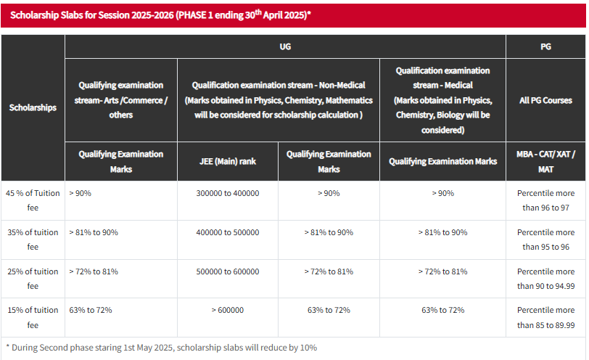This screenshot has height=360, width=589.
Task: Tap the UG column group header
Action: click(285, 46)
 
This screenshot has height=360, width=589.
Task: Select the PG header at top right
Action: click(545, 46)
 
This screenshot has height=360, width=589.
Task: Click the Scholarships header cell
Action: click(33, 107)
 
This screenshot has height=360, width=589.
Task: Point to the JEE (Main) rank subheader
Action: click(227, 161)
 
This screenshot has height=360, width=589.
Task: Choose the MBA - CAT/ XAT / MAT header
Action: click(545, 161)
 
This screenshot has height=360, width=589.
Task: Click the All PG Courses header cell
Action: click(545, 100)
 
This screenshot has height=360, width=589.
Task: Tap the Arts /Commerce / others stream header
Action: click(120, 100)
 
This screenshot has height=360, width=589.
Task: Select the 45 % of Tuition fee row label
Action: click(32, 200)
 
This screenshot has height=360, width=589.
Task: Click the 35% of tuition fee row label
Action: click(32, 240)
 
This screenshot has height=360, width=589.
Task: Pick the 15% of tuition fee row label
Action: click(32, 318)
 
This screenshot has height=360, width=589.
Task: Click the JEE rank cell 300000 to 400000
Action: click(227, 193)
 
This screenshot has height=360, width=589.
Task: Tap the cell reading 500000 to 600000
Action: click(227, 271)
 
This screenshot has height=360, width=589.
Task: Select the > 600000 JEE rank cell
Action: click(227, 311)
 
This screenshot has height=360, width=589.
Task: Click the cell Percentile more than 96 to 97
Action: click(545, 200)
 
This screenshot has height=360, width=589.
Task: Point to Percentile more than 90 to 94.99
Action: click(545, 279)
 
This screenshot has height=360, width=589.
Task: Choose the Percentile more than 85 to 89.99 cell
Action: click(545, 318)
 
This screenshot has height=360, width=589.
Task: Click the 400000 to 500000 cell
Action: click(227, 232)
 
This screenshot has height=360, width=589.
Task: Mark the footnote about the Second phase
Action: click(161, 348)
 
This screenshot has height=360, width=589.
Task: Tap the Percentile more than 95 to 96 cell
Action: click(545, 240)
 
